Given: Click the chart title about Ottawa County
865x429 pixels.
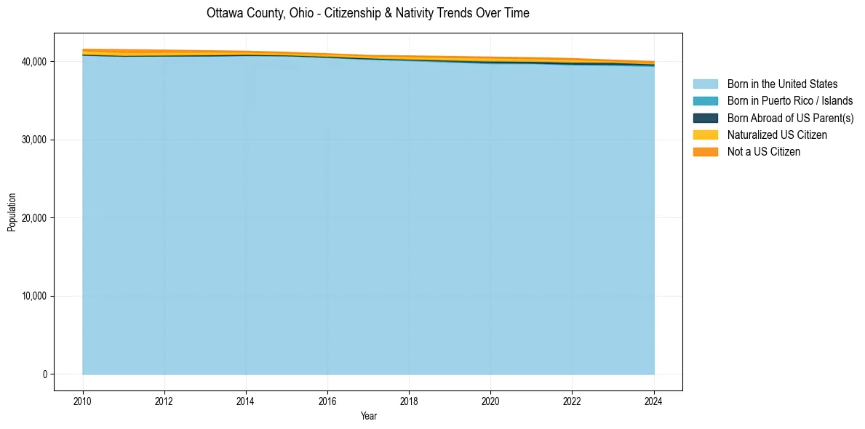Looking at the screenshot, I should [x=367, y=13].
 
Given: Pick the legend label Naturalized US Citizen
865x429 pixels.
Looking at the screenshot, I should [x=777, y=135].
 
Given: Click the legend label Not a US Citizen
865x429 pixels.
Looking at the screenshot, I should [x=763, y=152].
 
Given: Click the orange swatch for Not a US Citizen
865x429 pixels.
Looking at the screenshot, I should [x=705, y=152].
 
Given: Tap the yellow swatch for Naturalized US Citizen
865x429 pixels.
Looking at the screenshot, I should [x=705, y=135].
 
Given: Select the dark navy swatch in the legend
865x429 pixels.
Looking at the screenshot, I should [x=705, y=118].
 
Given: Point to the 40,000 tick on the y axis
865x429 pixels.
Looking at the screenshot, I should [x=35, y=62].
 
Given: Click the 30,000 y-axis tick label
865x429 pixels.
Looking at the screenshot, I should [x=35, y=140].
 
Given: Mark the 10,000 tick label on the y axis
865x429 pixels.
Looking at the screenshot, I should [x=35, y=296].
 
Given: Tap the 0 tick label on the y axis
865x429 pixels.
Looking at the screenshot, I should [x=44, y=374].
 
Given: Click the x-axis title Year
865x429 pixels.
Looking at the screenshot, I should [x=368, y=416].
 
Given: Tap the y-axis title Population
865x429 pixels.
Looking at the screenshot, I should [x=12, y=212].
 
